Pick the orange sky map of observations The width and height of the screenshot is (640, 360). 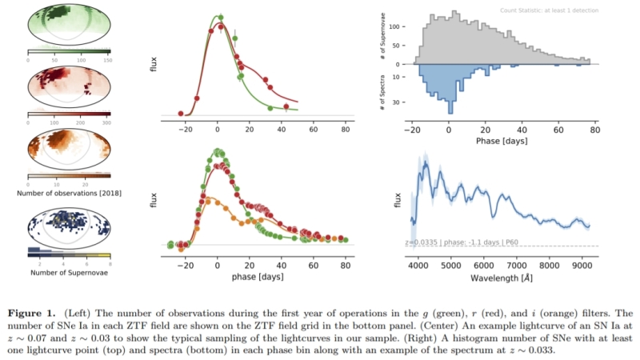click(x=69, y=150)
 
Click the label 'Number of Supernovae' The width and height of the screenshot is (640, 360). click(x=69, y=273)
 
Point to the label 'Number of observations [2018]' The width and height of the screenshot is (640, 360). click(x=69, y=193)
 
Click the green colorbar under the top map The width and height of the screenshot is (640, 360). click(x=69, y=51)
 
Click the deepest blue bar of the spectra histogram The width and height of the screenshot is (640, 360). click(x=450, y=107)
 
